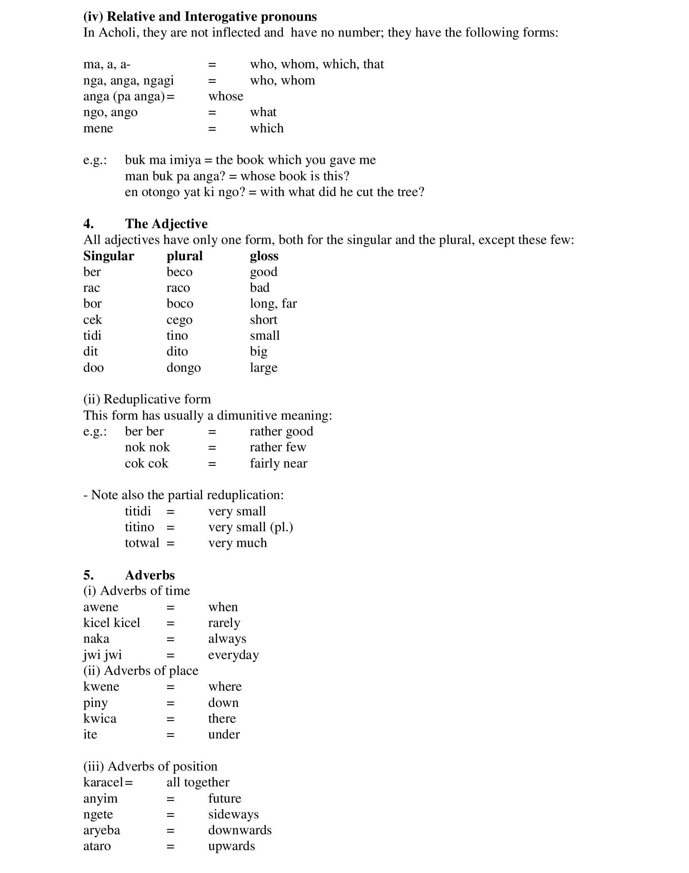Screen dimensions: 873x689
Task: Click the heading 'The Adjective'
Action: [x=166, y=224]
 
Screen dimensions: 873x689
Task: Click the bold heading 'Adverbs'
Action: [x=150, y=575]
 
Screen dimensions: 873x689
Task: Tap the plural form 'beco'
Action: [x=179, y=272]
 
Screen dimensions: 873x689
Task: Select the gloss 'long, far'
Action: [x=273, y=303]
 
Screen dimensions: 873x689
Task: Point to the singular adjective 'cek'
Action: [x=92, y=320]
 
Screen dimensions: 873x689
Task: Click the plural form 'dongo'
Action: [x=183, y=368]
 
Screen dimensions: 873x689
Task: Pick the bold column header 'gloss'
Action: [x=264, y=256]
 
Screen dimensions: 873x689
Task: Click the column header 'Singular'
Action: [x=108, y=256]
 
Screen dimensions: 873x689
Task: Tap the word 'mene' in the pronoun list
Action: [x=98, y=128]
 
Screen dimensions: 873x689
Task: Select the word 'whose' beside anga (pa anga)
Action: [x=226, y=96]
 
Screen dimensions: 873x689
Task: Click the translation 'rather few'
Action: [x=278, y=447]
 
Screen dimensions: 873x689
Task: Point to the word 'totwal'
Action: [x=142, y=543]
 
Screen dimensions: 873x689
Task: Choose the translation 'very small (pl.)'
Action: [x=251, y=527]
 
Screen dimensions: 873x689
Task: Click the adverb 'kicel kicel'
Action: [x=112, y=623]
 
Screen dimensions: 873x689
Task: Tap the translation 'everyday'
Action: [x=233, y=655]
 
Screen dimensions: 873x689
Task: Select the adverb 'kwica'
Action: [x=100, y=719]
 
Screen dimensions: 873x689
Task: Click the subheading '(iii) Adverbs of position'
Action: [x=150, y=766]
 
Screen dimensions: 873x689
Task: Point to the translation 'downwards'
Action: [x=240, y=830]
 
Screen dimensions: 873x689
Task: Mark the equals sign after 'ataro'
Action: [x=170, y=846]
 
